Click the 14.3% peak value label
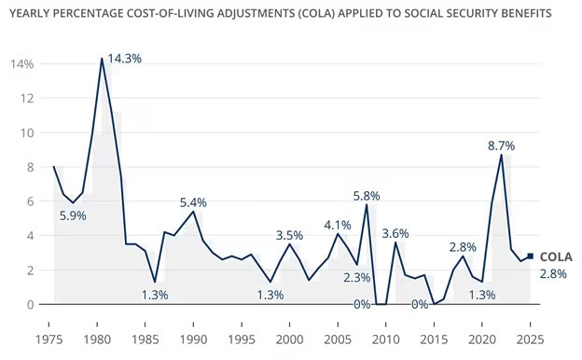click(125, 58)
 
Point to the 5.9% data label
click(75, 215)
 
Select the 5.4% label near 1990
click(193, 202)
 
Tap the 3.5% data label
click(290, 235)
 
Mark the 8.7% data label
click(502, 146)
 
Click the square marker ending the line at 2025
click(531, 256)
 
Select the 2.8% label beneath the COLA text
click(554, 273)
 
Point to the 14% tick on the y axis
click(22, 64)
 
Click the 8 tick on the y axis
click(29, 167)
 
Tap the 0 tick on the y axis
click(29, 304)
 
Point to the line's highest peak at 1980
click(102, 59)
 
